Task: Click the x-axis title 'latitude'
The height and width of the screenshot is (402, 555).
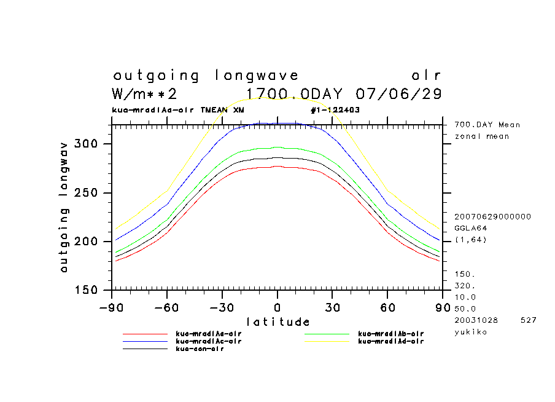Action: [277, 321]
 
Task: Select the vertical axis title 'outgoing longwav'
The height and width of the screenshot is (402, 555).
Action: [64, 207]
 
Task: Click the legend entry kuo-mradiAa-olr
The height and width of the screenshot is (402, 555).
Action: [208, 333]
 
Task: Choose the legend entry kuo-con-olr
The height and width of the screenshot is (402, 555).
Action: [200, 349]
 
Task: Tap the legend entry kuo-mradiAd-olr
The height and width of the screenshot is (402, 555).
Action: [390, 341]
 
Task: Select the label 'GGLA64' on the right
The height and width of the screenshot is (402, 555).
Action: [468, 228]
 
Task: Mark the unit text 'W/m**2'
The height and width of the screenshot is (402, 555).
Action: [145, 94]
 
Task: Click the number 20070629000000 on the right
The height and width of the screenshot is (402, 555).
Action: [492, 217]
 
